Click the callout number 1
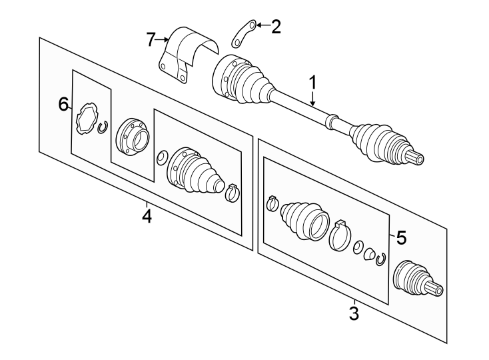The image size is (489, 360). (312, 83)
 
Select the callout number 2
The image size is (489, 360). (275, 27)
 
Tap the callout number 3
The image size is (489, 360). (354, 312)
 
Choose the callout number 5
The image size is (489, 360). (400, 237)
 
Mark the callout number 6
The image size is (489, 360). (63, 104)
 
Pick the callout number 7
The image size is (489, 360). (151, 40)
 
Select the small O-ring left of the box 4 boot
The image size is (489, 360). (161, 158)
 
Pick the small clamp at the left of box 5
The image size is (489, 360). (272, 203)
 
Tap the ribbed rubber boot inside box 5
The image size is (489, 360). (304, 219)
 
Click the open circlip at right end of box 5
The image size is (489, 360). (381, 259)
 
